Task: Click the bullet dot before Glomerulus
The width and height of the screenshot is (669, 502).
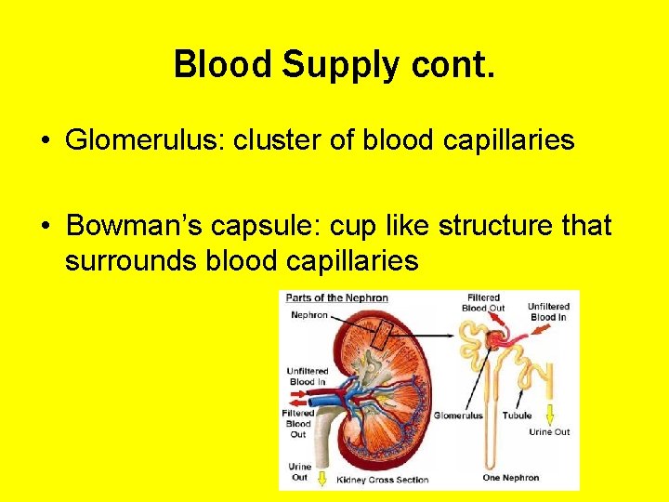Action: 46,141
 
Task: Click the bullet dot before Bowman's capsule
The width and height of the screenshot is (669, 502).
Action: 46,227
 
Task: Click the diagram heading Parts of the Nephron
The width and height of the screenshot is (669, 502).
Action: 336,298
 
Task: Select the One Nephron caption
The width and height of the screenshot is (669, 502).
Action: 510,478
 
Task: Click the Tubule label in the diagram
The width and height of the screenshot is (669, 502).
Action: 518,416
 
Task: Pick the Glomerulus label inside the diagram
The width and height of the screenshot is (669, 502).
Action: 458,416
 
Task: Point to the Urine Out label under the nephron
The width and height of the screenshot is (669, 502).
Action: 549,431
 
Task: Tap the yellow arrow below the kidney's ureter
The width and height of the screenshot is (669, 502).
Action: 322,479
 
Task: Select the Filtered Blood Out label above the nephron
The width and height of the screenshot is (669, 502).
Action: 483,303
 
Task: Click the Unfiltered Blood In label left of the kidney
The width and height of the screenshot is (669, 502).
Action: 307,376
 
